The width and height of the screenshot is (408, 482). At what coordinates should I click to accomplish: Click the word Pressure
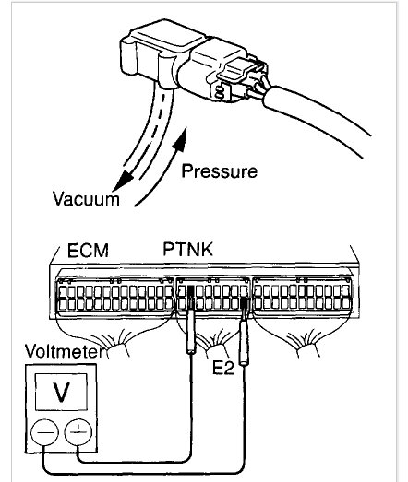[219, 170]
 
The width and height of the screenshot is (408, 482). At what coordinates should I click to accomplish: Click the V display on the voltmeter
[60, 393]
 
